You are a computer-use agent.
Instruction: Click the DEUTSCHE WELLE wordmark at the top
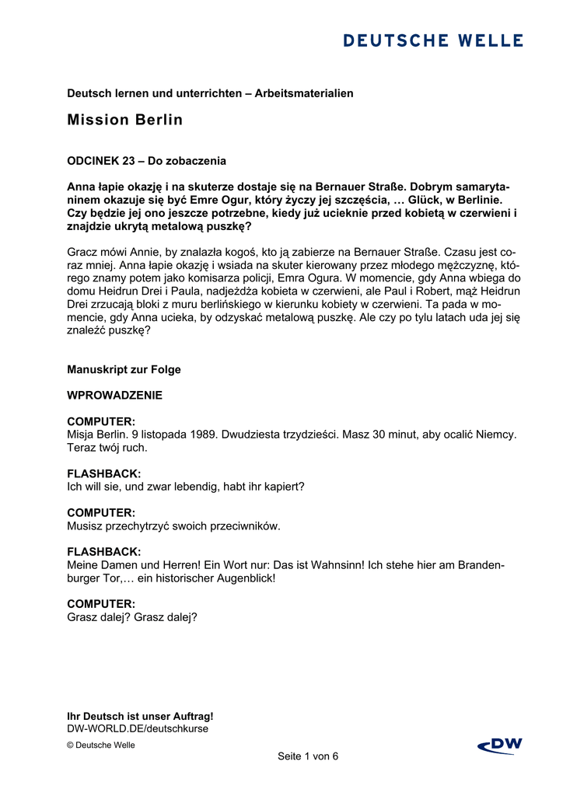(433, 40)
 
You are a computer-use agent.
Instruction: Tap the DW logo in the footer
(500, 746)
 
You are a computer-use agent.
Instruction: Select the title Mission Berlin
(124, 120)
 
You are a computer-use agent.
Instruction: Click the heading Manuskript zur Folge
(124, 369)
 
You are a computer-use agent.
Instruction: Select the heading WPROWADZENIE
(114, 395)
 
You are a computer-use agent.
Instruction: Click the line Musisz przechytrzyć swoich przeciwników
(173, 526)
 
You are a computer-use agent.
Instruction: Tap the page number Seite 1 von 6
(308, 756)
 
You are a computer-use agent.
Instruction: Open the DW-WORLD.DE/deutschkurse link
(138, 728)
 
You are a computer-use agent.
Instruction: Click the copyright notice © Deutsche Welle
(101, 745)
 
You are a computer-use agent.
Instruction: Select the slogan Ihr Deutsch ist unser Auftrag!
(140, 716)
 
